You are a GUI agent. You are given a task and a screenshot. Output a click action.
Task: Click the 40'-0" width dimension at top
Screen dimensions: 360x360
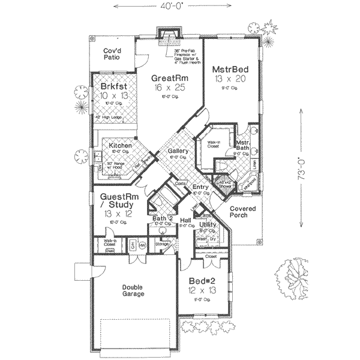(178, 7)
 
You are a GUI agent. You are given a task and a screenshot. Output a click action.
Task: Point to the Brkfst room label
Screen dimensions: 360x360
(114, 86)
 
